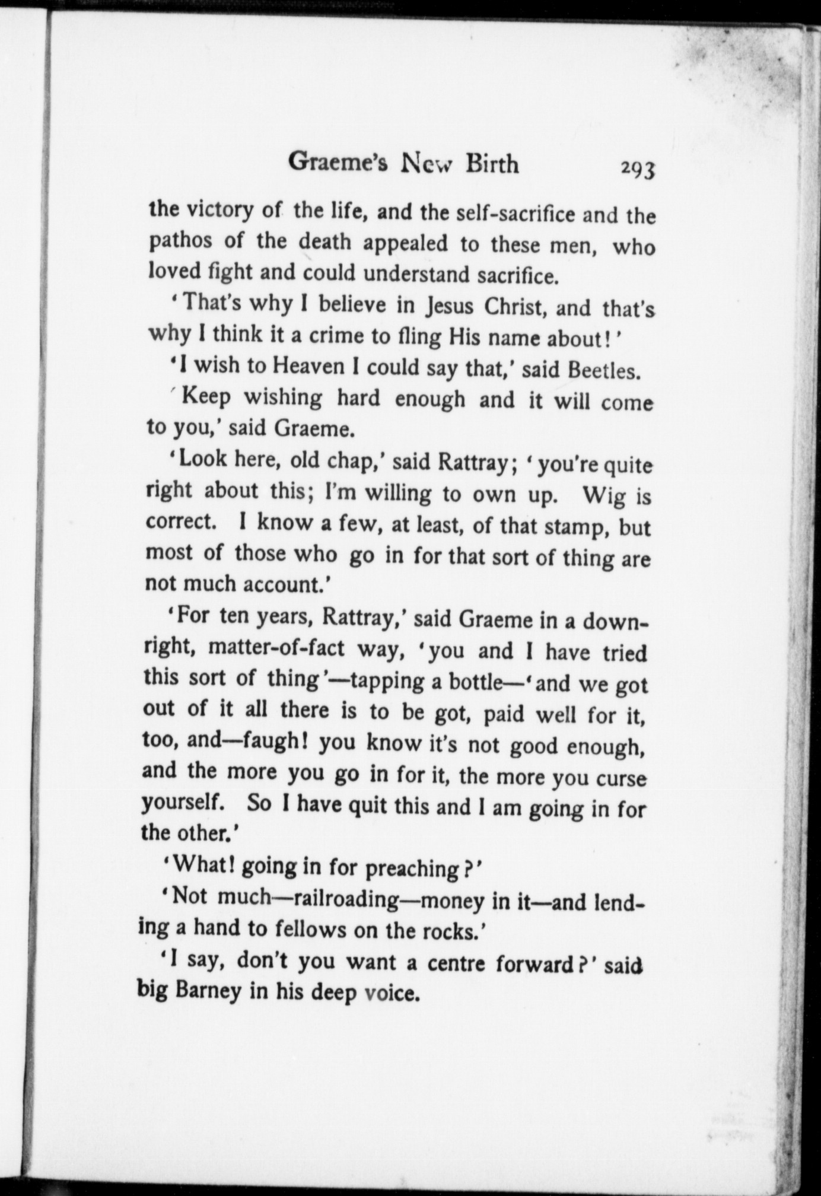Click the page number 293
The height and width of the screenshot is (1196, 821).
coord(638,169)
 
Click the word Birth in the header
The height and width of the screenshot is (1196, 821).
coord(492,163)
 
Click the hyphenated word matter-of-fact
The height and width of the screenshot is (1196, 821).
coord(276,647)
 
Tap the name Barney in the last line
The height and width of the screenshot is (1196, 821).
coord(207,991)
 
